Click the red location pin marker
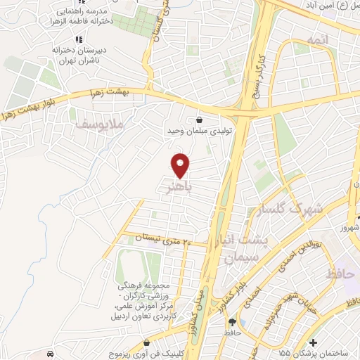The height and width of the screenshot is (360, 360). point(181,165)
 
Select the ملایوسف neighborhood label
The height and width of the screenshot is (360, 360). point(98,124)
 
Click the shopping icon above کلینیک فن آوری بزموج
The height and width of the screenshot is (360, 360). point(146,344)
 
